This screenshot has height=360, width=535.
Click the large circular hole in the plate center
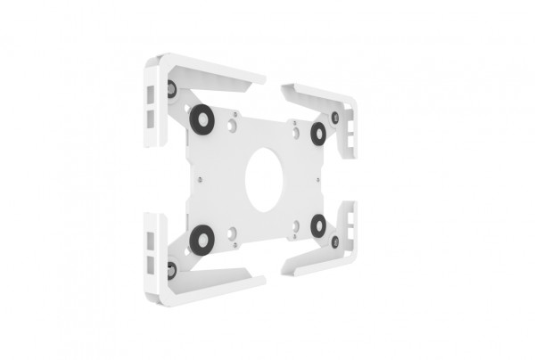pos(264,178)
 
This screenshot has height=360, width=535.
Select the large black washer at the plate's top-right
pos(317,133)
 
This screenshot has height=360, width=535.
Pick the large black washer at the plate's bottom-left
pos(202,237)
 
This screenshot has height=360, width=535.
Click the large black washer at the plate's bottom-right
pos(317,225)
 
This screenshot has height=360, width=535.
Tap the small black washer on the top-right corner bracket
pos(335,118)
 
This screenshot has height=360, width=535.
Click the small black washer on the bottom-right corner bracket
pos(335,241)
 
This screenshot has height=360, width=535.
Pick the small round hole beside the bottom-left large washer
pos(232,233)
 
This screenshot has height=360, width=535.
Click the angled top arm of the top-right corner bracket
pos(312,92)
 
